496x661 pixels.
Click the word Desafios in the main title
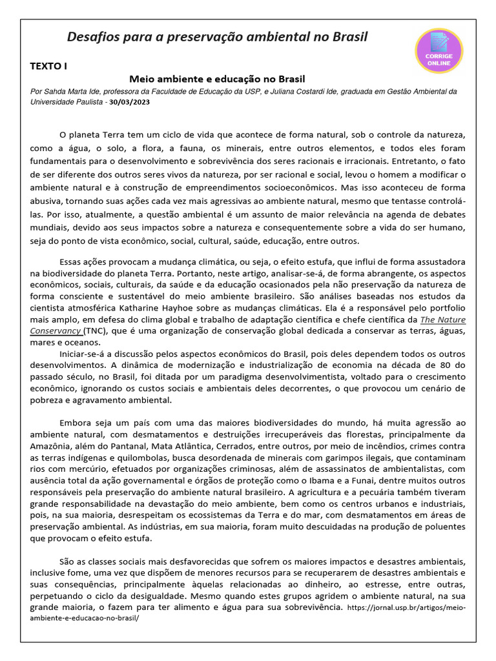tap(93, 37)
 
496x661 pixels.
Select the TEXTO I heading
tap(48, 66)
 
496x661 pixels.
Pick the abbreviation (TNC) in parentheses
tap(95, 330)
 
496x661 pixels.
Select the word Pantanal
tap(129, 445)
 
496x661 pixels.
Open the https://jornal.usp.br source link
tap(406, 608)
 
